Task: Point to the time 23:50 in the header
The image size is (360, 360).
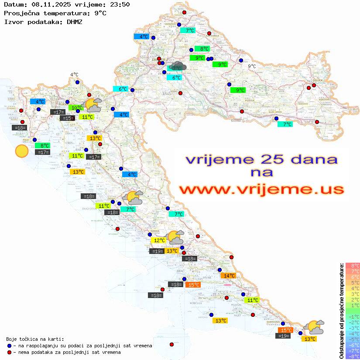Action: [x=120, y=4]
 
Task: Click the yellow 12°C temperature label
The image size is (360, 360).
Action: [x=158, y=240]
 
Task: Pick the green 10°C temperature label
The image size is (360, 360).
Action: [x=76, y=108]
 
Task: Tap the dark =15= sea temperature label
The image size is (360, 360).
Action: [x=67, y=118]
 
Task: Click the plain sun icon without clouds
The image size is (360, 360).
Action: [x=21, y=151]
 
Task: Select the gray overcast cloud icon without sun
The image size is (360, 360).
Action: [x=179, y=66]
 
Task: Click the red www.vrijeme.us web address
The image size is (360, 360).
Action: [x=261, y=189]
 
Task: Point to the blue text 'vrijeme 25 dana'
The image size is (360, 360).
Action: [x=261, y=159]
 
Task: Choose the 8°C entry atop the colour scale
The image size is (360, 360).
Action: [x=352, y=265]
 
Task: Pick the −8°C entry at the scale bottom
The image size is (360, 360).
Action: [x=352, y=357]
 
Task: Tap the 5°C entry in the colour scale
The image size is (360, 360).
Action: [x=352, y=282]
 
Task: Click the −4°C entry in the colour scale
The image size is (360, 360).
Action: [x=352, y=334]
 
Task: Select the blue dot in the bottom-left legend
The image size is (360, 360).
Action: [x=10, y=346]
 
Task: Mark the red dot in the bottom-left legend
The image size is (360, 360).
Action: [x=10, y=352]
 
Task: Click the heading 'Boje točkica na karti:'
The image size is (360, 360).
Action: [x=35, y=339]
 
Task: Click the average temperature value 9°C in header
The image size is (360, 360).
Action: [x=99, y=13]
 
